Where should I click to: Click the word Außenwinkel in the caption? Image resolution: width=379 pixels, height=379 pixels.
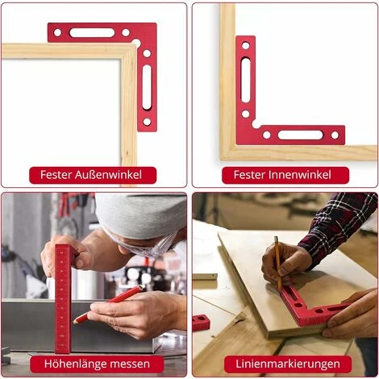pyautogui.click(x=108, y=175)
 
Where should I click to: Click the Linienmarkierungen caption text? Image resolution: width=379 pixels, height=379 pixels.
pyautogui.click(x=288, y=364)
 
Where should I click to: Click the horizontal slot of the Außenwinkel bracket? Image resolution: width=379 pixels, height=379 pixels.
pyautogui.click(x=92, y=33)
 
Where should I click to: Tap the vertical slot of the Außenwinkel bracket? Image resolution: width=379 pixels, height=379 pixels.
pyautogui.click(x=147, y=87)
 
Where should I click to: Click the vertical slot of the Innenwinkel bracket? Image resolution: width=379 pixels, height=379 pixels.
pyautogui.click(x=246, y=80)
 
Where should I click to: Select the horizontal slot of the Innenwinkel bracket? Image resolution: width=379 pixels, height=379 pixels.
pyautogui.click(x=301, y=135)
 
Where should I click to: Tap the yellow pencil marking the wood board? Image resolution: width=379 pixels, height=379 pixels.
pyautogui.click(x=278, y=264)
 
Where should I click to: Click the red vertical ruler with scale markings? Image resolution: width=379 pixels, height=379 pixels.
pyautogui.click(x=63, y=299)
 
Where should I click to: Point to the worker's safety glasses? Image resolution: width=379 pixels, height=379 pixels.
pyautogui.click(x=140, y=244)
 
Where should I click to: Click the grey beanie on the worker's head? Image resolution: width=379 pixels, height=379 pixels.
pyautogui.click(x=141, y=215)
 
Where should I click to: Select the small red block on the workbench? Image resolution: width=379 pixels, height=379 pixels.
pyautogui.click(x=201, y=323)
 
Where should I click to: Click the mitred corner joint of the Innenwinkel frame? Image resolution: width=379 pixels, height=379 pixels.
pyautogui.click(x=228, y=153)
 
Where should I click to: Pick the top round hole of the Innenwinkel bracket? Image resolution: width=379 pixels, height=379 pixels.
pyautogui.click(x=246, y=45)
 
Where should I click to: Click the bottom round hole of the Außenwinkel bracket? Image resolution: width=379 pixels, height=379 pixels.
pyautogui.click(x=147, y=122)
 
